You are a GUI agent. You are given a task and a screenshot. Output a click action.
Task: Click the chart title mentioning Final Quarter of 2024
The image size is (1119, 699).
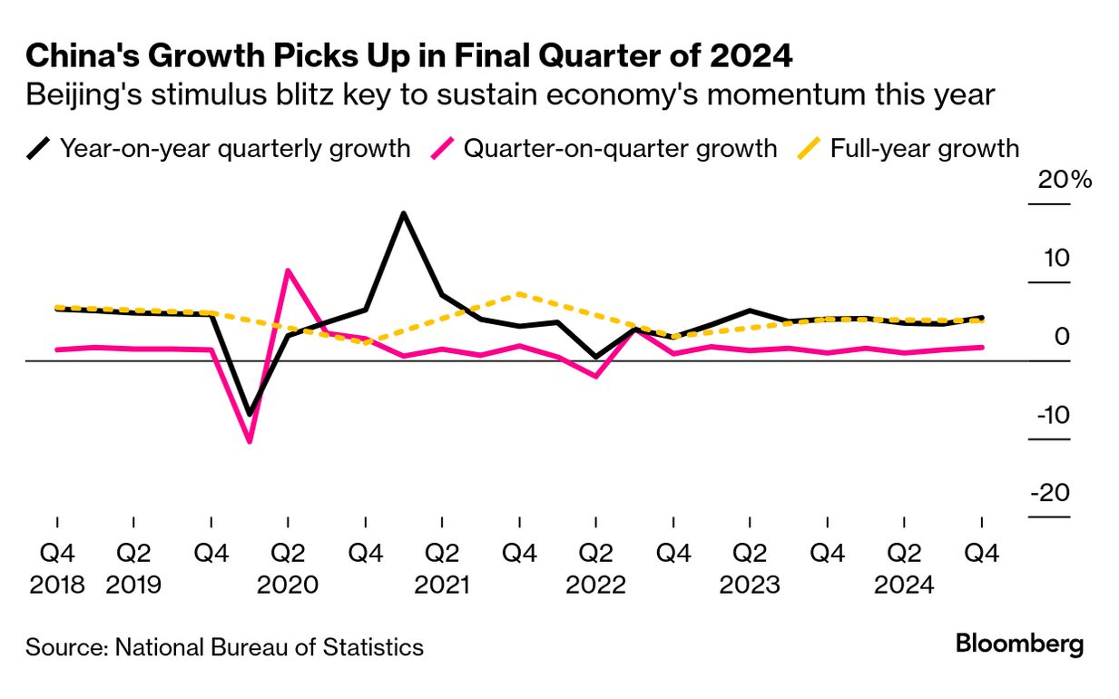click(x=409, y=55)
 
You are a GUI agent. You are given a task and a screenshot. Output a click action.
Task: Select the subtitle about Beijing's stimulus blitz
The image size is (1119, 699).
click(x=510, y=94)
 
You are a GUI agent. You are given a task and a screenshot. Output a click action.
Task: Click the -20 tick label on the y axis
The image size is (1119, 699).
click(x=1052, y=493)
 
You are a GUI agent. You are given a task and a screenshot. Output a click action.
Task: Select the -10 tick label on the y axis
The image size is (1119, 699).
click(x=1052, y=415)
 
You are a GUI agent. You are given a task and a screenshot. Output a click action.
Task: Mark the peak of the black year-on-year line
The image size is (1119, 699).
click(x=403, y=214)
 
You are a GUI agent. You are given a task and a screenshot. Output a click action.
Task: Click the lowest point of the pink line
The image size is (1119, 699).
click(x=250, y=441)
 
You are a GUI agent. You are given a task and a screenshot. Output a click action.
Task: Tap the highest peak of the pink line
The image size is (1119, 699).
click(x=288, y=271)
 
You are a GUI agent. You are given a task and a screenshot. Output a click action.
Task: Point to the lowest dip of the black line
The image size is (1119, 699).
click(x=250, y=414)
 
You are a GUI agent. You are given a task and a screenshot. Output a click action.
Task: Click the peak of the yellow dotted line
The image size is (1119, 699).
click(x=518, y=293)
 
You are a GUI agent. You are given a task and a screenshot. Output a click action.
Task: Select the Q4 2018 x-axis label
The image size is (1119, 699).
click(x=57, y=568)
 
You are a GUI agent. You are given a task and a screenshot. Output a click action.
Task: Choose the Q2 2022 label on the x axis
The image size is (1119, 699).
click(x=595, y=568)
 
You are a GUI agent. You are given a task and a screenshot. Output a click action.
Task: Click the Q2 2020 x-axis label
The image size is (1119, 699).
click(x=288, y=568)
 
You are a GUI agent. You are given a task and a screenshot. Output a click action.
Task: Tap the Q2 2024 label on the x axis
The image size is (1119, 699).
click(x=904, y=568)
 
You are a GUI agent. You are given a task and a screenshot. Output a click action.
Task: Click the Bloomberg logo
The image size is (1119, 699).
click(x=1019, y=645)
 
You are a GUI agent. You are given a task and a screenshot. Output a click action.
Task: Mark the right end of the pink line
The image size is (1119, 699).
click(x=981, y=347)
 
